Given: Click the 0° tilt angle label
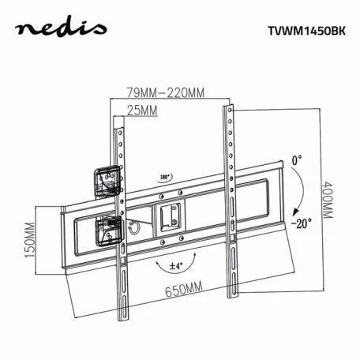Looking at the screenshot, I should pos(296,160).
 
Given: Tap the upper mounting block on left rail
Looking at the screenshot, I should pos(106,181).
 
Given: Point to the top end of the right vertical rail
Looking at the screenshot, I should pos(229,109).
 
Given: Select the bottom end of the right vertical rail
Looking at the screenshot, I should pos(233,293).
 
